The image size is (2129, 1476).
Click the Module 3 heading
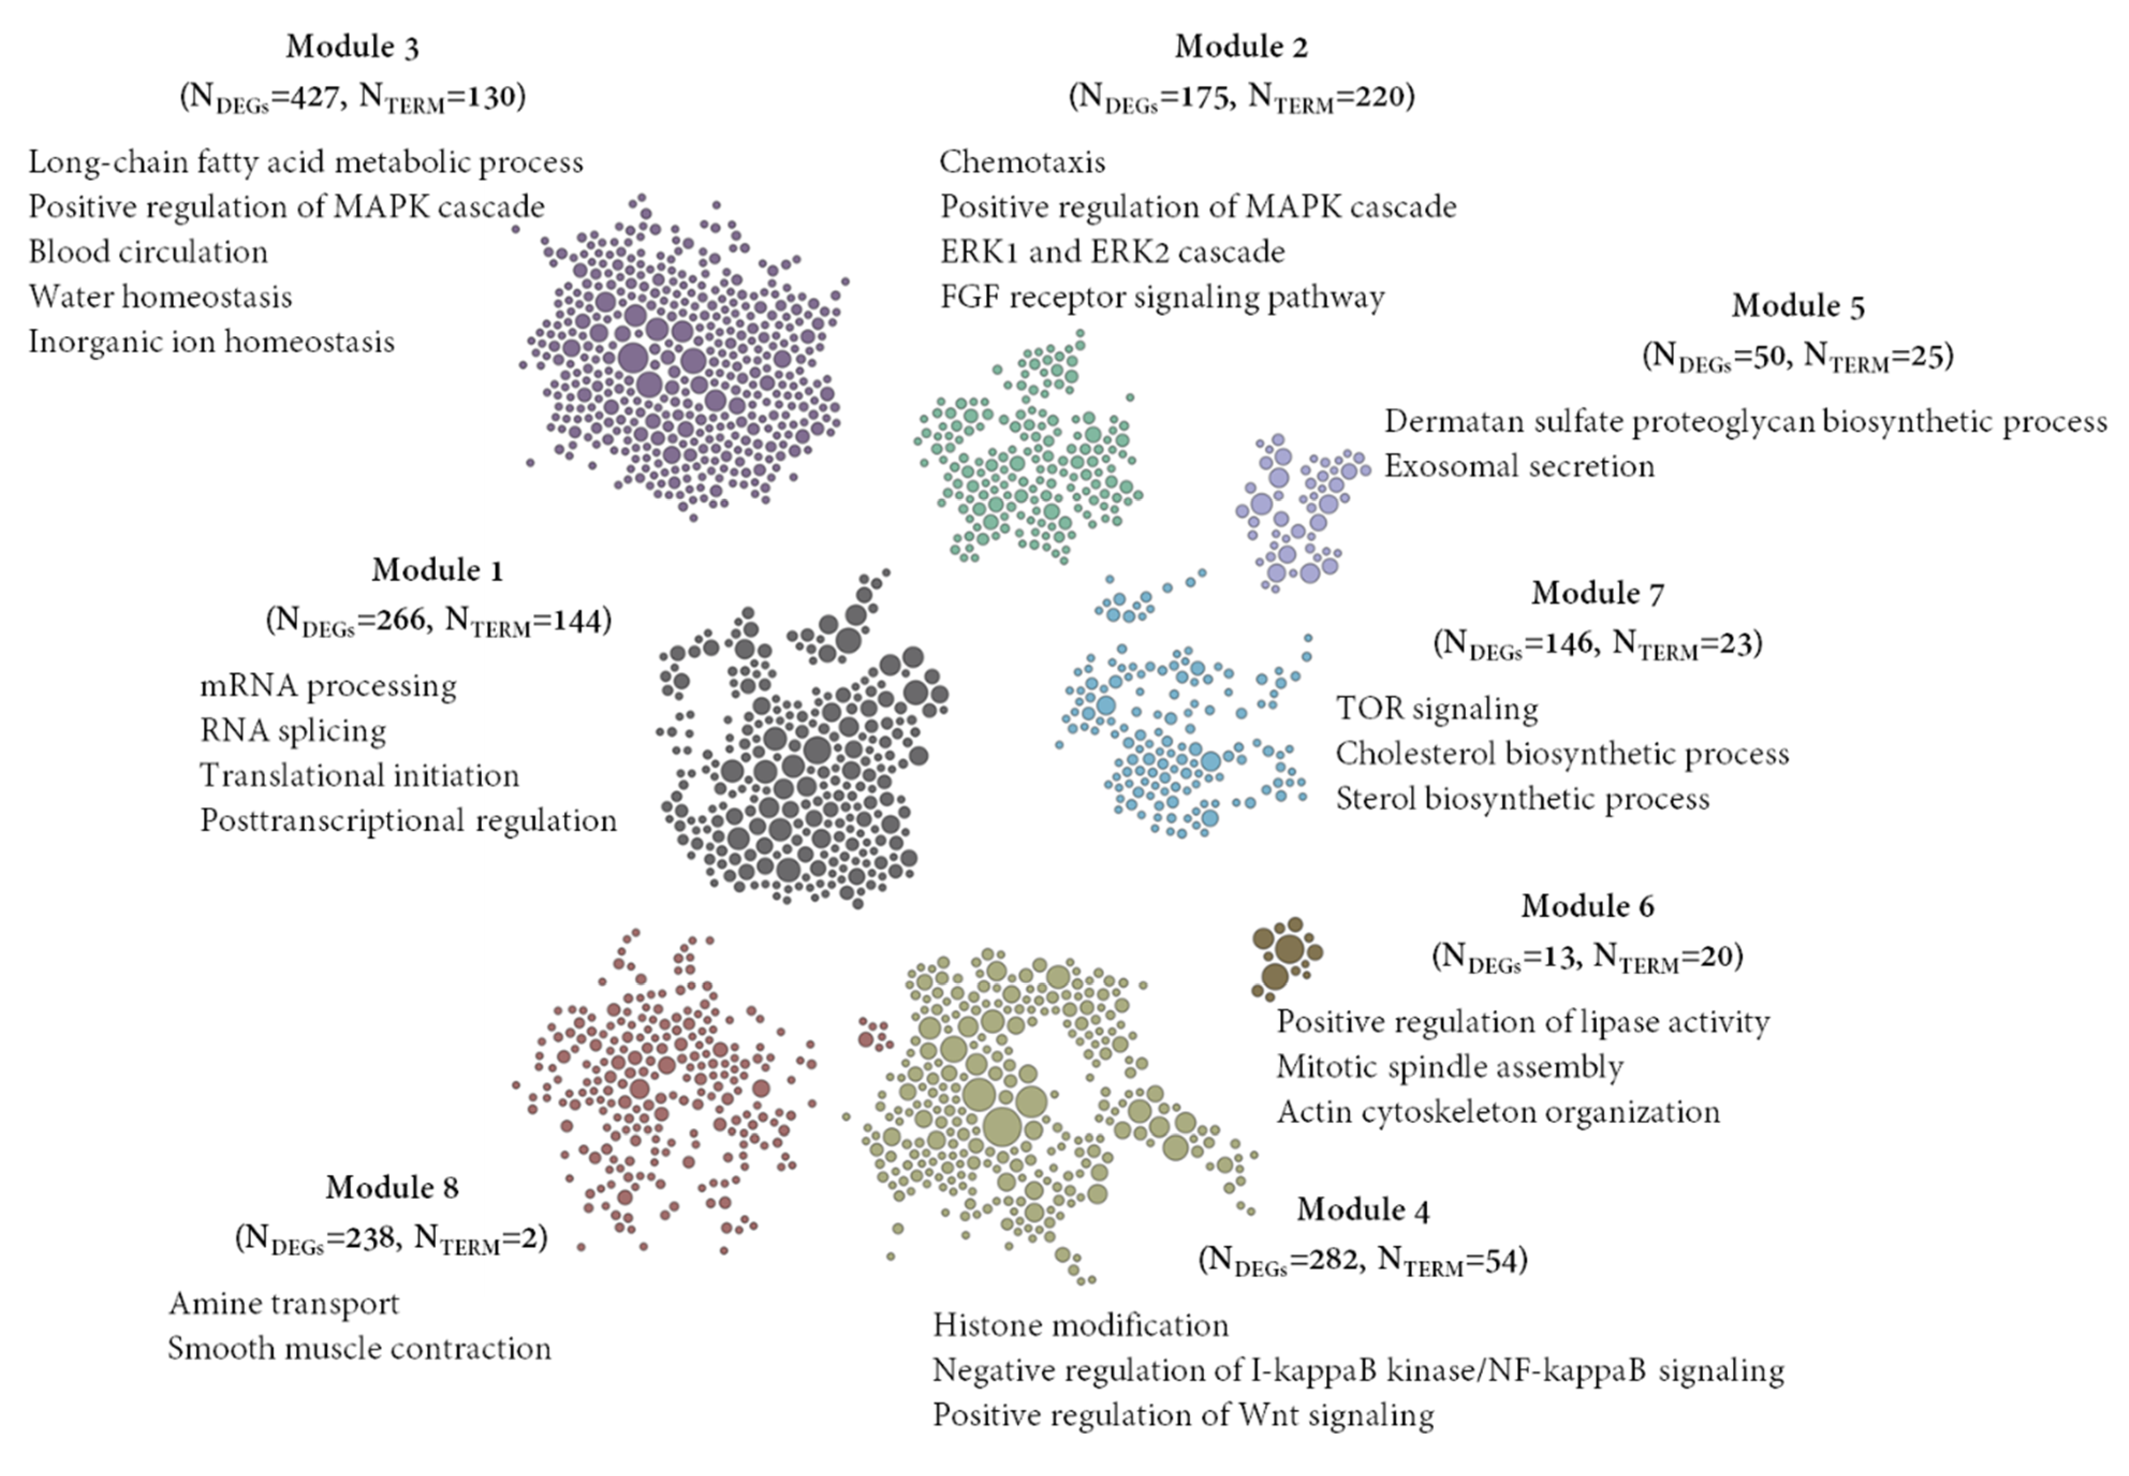[353, 46]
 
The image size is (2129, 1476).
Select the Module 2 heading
[1241, 46]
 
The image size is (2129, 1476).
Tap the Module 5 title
[1798, 306]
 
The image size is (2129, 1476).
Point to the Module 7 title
[1597, 593]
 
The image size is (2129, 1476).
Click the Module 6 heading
[1587, 906]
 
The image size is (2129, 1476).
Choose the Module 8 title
[391, 1187]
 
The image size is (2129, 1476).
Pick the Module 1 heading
[437, 570]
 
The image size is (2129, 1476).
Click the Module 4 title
[1362, 1210]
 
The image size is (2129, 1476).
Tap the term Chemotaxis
[1022, 162]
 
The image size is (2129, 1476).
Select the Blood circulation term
[148, 252]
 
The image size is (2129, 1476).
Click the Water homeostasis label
[160, 297]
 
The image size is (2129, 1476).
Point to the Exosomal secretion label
[1518, 466]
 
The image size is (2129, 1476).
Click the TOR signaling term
[1436, 708]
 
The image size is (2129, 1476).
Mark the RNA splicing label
[293, 731]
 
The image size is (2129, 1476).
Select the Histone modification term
[1080, 1325]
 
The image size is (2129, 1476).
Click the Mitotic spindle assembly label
[1449, 1067]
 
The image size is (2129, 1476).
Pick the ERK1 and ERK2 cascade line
[1113, 252]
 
